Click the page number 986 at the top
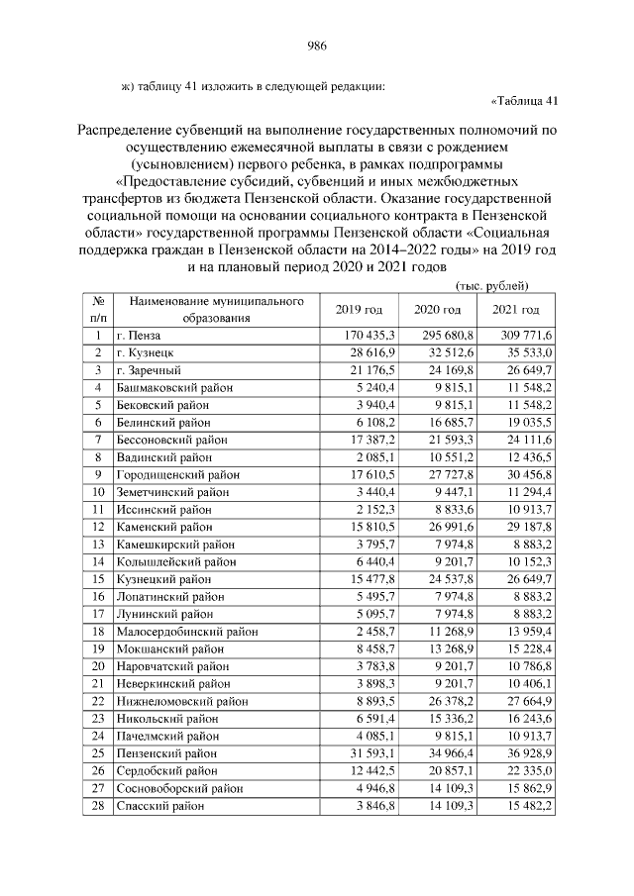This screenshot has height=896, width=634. coord(317,47)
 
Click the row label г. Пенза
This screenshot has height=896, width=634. coord(139,337)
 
